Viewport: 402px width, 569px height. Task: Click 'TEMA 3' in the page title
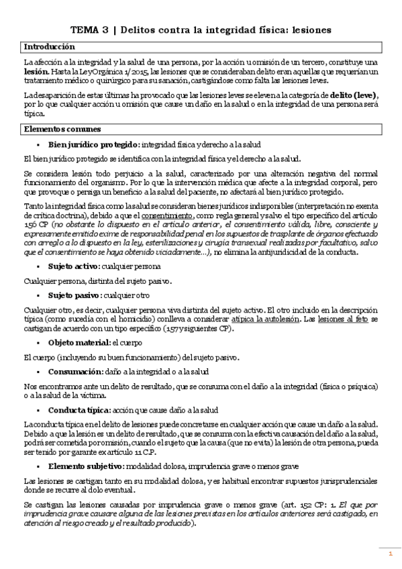pos(93,30)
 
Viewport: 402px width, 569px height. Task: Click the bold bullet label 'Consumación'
pos(76,371)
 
